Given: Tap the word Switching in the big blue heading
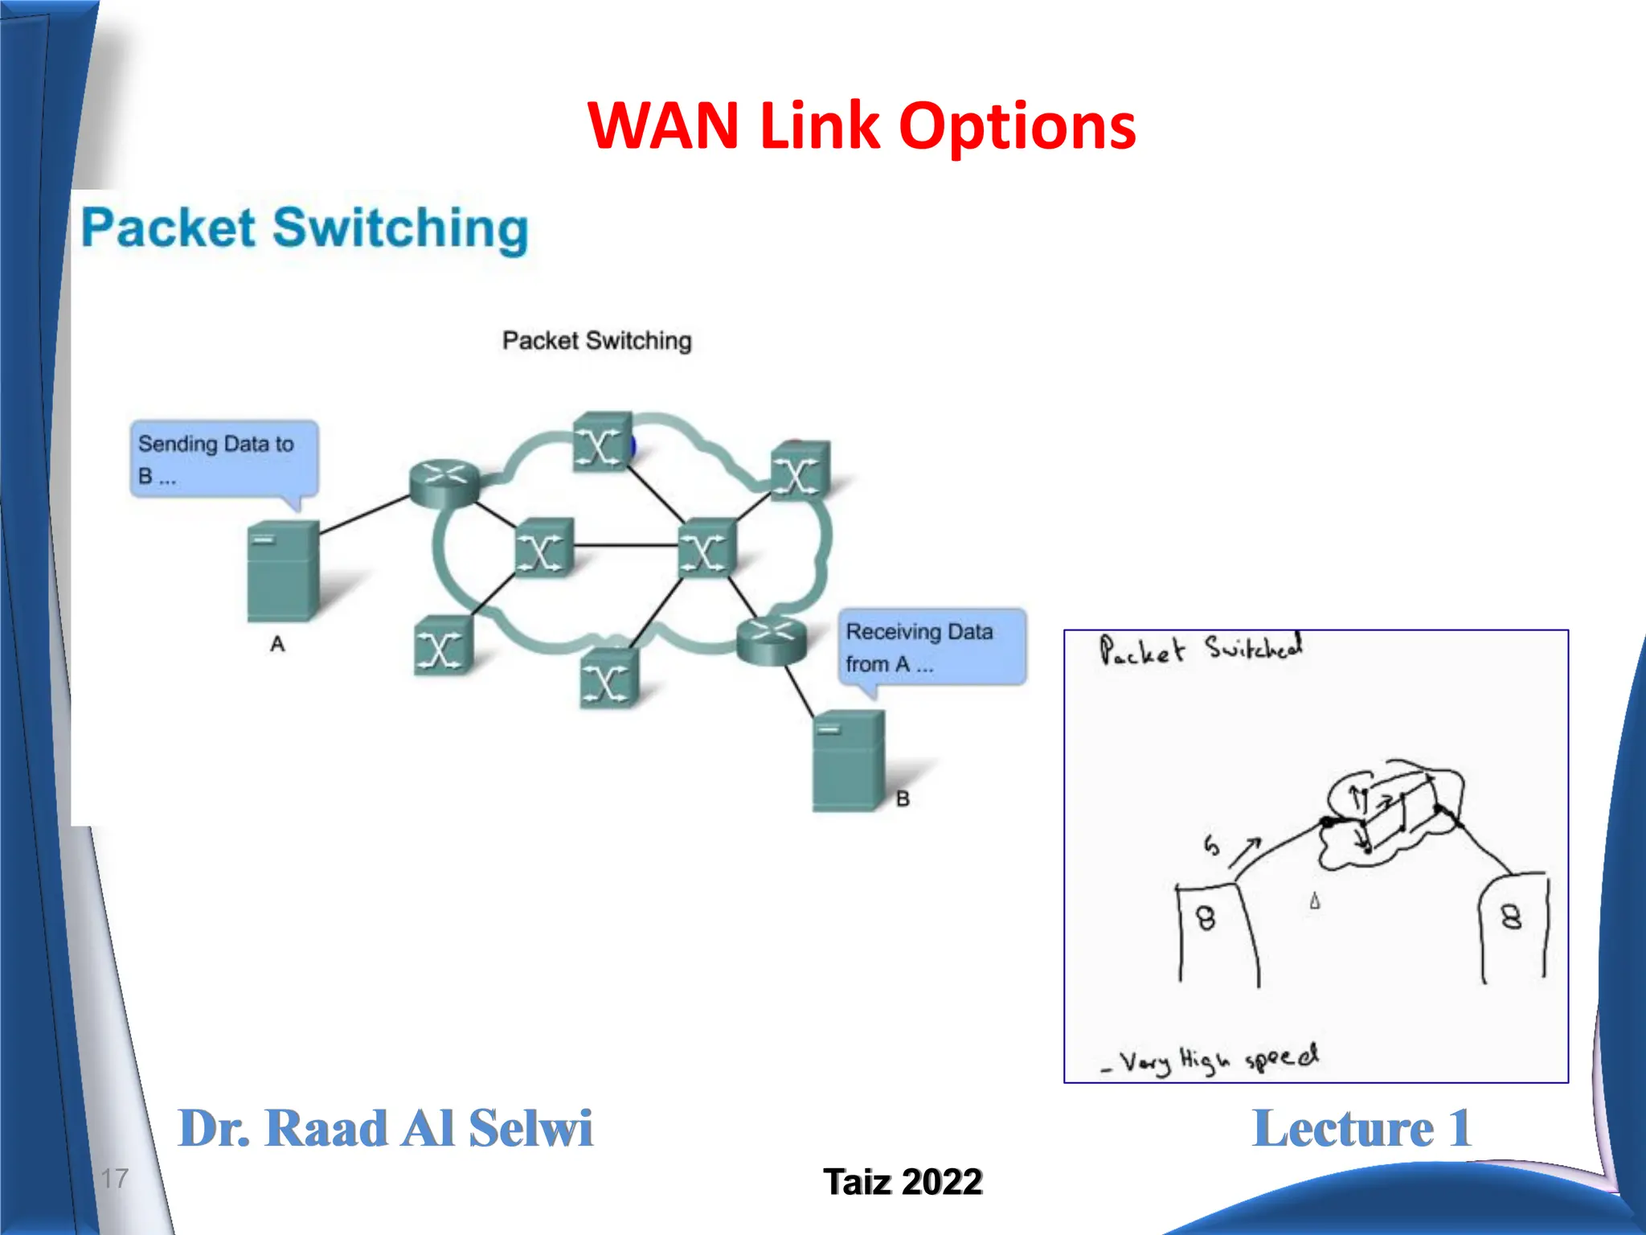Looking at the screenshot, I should pos(400,228).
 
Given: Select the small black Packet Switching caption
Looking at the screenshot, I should pos(596,341).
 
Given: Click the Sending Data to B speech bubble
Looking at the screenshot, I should pos(223,459).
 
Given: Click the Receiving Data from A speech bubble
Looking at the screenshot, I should pos(932,647).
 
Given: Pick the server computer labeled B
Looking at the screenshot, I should pos(848,761).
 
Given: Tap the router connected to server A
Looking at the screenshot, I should pos(444,482).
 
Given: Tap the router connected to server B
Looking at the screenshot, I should pos(771,641).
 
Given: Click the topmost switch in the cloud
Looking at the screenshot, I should pos(601,441).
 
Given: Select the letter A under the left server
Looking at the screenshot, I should pos(277,644).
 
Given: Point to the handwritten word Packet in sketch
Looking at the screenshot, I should pos(1141,650).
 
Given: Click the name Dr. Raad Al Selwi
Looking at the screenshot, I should pos(385,1128).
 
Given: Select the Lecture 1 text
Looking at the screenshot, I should pos(1361,1128).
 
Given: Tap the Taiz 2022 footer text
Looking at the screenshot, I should pos(903,1182).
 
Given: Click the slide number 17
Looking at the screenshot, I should pos(114,1179).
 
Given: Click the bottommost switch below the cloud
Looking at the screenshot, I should pos(608,679).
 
